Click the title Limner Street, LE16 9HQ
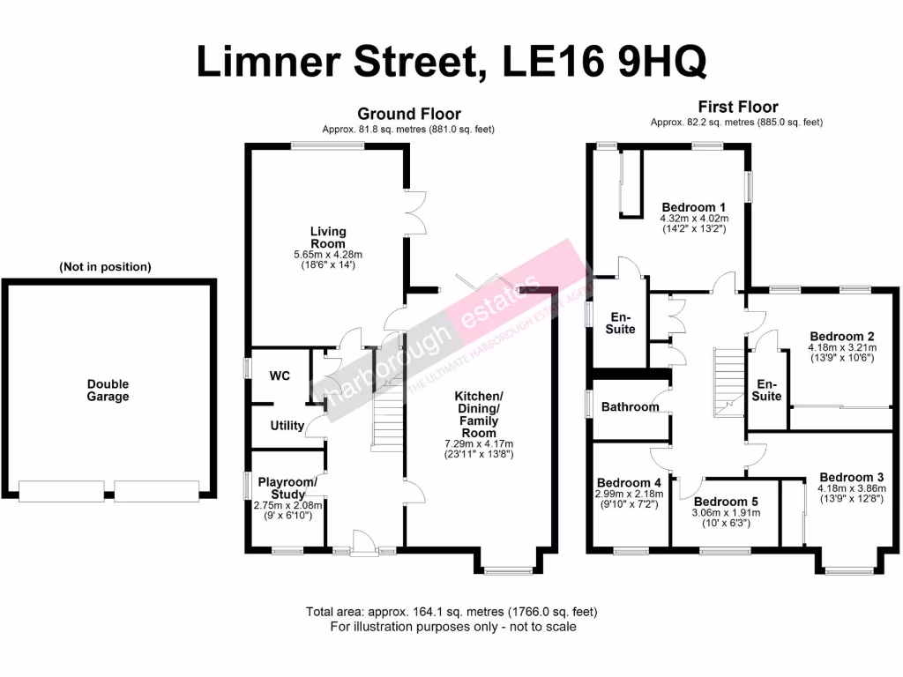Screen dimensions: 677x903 tap(451, 63)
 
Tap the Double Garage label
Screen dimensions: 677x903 tap(108, 391)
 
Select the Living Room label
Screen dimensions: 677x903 tap(327, 238)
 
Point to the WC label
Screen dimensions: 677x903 tap(280, 376)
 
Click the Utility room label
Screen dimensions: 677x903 tap(287, 426)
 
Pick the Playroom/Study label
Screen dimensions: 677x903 tap(287, 488)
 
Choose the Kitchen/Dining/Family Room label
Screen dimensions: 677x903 tap(479, 414)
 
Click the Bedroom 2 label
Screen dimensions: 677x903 tap(841, 337)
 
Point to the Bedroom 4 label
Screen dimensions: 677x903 tap(629, 483)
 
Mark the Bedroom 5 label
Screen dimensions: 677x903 tap(725, 502)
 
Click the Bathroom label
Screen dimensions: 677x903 tap(631, 407)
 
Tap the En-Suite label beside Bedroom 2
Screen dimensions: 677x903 tap(767, 390)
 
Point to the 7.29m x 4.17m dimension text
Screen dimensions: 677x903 tap(479, 443)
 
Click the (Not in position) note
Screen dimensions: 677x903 tap(105, 266)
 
